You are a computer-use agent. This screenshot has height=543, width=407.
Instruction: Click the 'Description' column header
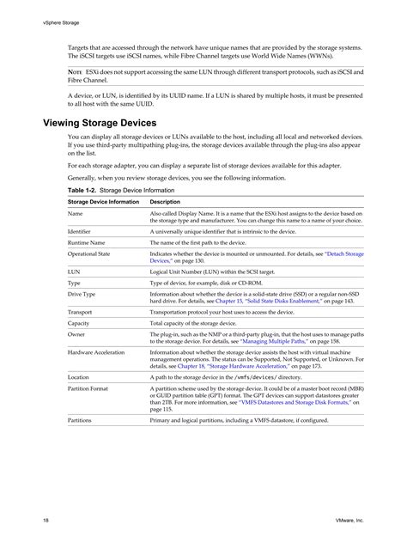coord(165,201)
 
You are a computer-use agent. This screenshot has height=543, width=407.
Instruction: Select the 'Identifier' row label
coord(81,231)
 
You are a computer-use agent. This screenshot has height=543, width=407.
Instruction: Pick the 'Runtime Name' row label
coord(88,243)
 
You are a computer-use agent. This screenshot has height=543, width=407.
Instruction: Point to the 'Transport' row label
coord(81,312)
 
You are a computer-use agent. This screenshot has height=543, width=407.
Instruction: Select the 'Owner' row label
coord(76,334)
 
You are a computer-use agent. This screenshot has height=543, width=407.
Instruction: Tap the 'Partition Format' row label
coord(88,389)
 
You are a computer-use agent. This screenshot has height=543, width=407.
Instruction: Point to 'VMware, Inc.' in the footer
coord(349,521)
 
